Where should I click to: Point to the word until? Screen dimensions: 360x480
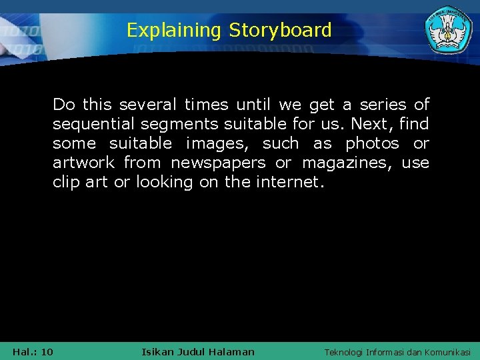click(253, 105)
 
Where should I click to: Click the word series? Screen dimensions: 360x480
click(384, 105)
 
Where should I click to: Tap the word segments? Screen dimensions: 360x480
click(183, 124)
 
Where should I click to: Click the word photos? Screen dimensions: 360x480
click(372, 143)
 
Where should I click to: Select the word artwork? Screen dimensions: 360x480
click(83, 163)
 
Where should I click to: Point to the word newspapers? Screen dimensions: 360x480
click(218, 163)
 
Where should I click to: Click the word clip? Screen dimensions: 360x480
click(67, 182)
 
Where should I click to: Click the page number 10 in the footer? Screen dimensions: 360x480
click(47, 351)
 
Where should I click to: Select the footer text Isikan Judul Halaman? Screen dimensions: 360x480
click(198, 351)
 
